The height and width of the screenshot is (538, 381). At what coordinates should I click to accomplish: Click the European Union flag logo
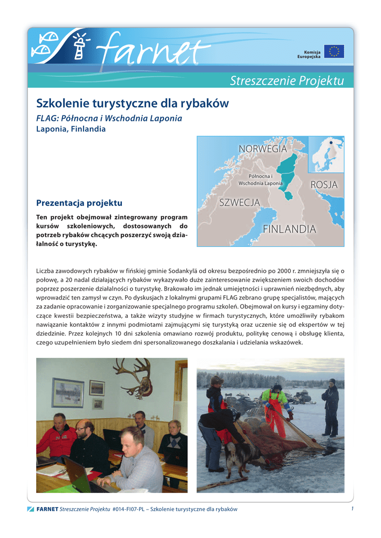pyautogui.click(x=334, y=51)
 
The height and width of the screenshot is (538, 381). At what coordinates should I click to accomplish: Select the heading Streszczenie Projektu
pyautogui.click(x=286, y=80)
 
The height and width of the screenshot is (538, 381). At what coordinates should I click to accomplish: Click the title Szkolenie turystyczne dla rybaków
pyautogui.click(x=132, y=104)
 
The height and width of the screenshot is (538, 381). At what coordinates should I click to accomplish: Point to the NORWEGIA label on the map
pyautogui.click(x=263, y=149)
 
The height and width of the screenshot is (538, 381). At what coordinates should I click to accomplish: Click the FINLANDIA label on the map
pyautogui.click(x=290, y=229)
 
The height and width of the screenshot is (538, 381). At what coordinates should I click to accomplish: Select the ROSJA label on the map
pyautogui.click(x=324, y=185)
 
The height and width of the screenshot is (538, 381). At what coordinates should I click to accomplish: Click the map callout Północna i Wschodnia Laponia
pyautogui.click(x=261, y=180)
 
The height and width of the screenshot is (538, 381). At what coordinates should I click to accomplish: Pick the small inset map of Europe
pyautogui.click(x=326, y=154)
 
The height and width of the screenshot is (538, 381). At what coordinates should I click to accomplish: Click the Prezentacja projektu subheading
pyautogui.click(x=79, y=203)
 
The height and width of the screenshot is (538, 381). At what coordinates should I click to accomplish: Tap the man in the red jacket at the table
pyautogui.click(x=57, y=436)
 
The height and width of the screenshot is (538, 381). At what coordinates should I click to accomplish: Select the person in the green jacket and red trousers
pyautogui.click(x=275, y=410)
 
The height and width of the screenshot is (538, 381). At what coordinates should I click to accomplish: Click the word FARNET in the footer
pyautogui.click(x=47, y=509)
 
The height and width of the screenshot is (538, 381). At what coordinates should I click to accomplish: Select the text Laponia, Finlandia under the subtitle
pyautogui.click(x=70, y=129)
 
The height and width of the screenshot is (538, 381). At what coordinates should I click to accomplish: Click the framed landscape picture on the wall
pyautogui.click(x=68, y=392)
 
